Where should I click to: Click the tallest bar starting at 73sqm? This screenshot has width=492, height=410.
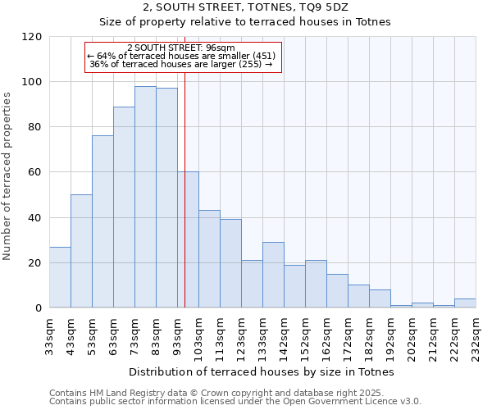coord(145,197)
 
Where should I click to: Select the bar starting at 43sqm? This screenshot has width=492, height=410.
coord(81,251)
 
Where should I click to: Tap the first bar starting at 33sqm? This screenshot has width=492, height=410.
coord(60,277)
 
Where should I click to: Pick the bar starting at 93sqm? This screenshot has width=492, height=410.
coord(188,239)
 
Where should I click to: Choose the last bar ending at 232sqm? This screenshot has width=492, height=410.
coord(465,303)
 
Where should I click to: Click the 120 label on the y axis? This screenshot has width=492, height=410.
coord(32,37)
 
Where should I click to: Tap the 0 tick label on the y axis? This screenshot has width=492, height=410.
coord(39,308)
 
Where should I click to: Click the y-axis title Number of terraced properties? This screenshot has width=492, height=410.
coord(7,176)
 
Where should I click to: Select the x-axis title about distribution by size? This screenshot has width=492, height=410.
coord(262,371)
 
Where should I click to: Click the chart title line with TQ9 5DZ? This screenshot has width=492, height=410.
coord(246,7)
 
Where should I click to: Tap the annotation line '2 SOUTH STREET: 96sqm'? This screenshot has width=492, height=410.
coord(181,48)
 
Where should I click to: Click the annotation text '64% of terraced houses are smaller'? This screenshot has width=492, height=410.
coord(181,56)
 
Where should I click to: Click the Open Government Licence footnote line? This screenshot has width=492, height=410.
coord(235,402)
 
